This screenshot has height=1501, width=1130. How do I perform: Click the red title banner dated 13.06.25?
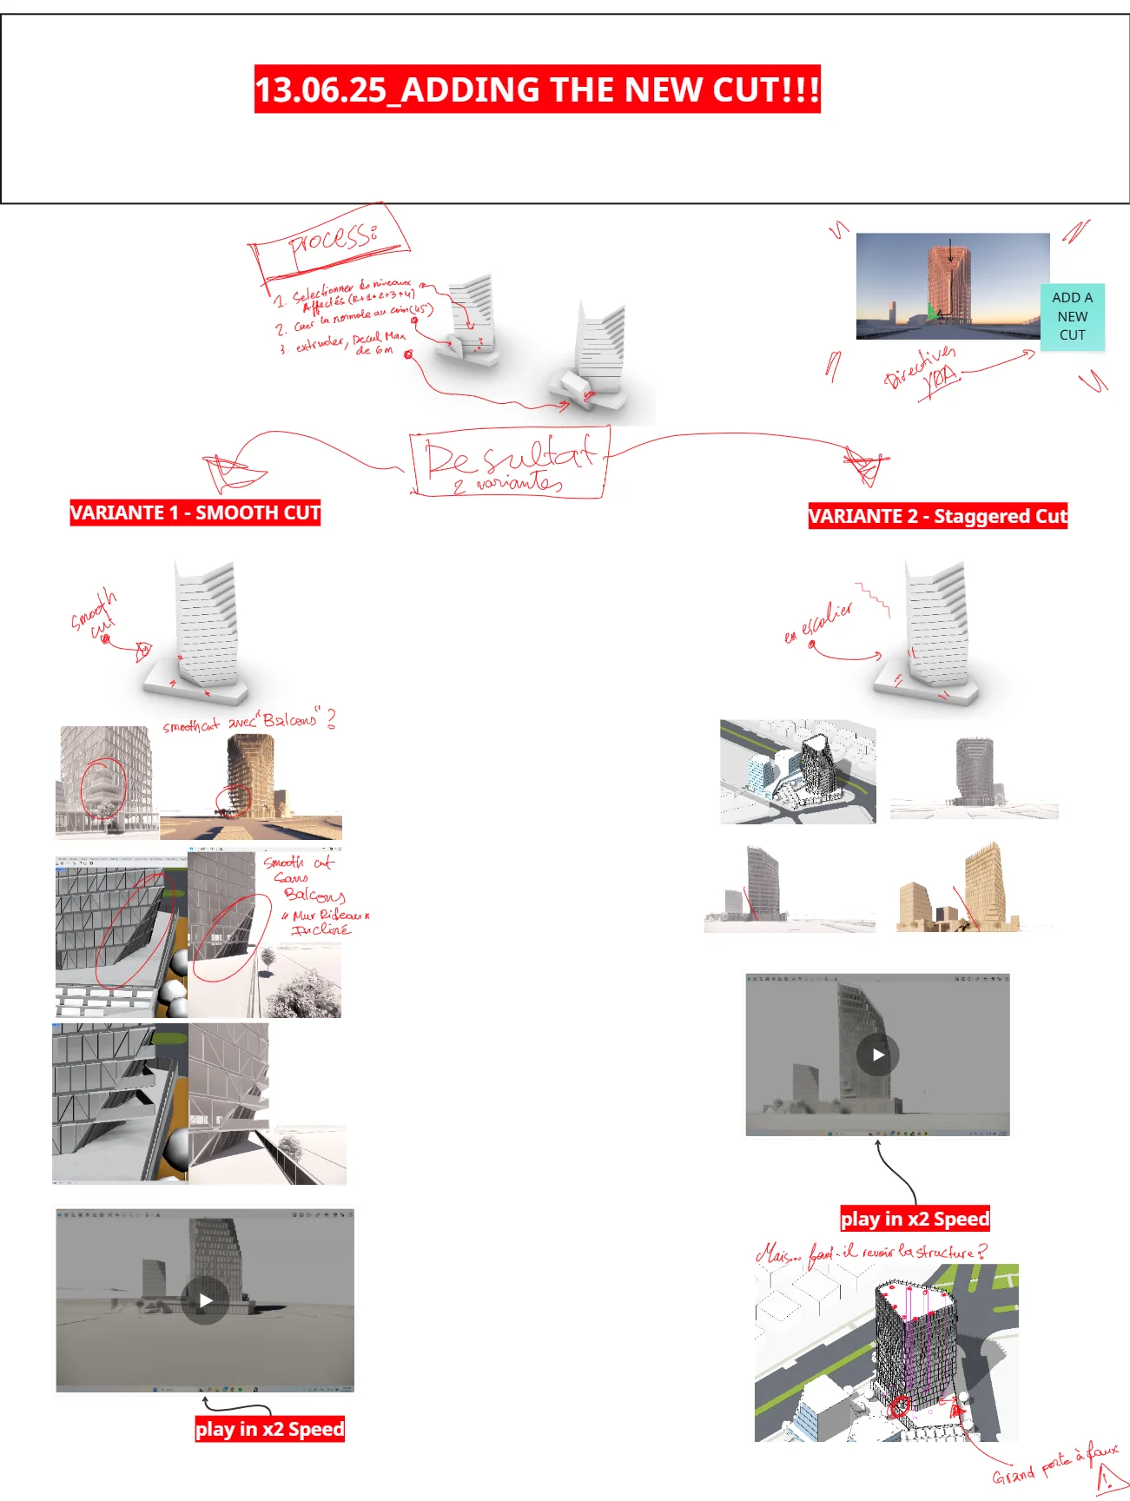click(537, 89)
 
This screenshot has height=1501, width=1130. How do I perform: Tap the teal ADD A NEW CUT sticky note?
click(1072, 316)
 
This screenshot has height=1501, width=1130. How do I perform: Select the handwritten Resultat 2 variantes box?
click(510, 463)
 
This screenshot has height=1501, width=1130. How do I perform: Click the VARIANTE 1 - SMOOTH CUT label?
click(195, 512)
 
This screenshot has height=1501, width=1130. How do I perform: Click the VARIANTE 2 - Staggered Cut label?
click(937, 516)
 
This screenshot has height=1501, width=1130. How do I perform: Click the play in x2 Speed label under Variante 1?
click(269, 1429)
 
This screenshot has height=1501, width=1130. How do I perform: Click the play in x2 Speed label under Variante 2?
click(915, 1219)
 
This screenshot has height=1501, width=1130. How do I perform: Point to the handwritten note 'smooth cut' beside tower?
click(94, 614)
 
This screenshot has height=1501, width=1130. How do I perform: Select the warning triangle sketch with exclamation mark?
click(1109, 1479)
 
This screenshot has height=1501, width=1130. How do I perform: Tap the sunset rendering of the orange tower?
click(951, 285)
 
